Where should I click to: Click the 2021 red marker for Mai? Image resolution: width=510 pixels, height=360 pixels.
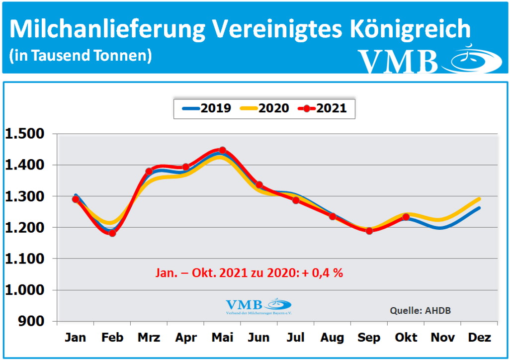pyautogui.click(x=223, y=150)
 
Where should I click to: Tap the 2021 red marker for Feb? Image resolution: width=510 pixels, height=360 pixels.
pyautogui.click(x=112, y=233)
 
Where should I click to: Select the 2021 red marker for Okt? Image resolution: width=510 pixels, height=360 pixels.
pyautogui.click(x=406, y=217)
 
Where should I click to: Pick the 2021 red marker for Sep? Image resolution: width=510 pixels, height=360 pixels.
pyautogui.click(x=369, y=231)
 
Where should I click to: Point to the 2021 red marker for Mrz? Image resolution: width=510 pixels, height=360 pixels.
pyautogui.click(x=149, y=172)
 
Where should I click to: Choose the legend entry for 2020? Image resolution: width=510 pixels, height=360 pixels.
pyautogui.click(x=264, y=108)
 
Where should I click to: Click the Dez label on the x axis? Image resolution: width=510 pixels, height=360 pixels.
pyautogui.click(x=479, y=338)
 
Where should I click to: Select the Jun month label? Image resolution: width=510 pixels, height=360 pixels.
pyautogui.click(x=259, y=338)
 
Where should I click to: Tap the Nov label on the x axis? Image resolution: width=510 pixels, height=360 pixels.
pyautogui.click(x=442, y=338)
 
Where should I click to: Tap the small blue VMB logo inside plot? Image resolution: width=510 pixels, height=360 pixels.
pyautogui.click(x=258, y=306)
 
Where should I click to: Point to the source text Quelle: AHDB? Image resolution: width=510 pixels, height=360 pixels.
pyautogui.click(x=421, y=311)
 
